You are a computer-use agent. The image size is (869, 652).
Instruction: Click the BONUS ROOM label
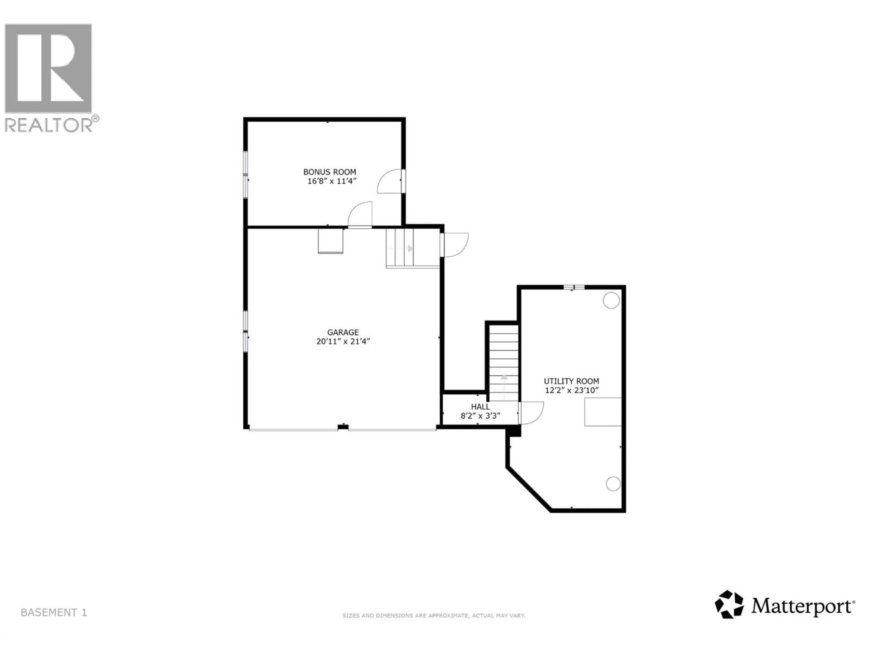pos(329,172)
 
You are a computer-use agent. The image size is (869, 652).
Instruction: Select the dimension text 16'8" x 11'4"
pos(332,181)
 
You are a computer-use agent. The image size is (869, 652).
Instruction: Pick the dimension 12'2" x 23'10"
pos(571,390)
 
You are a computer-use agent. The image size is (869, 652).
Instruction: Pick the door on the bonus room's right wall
pos(390,182)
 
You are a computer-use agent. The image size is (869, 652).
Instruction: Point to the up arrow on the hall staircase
pos(504,377)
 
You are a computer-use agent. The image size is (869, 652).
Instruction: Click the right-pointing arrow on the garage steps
pos(410,248)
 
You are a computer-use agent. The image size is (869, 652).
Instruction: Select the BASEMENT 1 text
pos(54,613)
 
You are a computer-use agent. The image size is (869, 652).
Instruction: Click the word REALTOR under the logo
pos(49,125)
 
